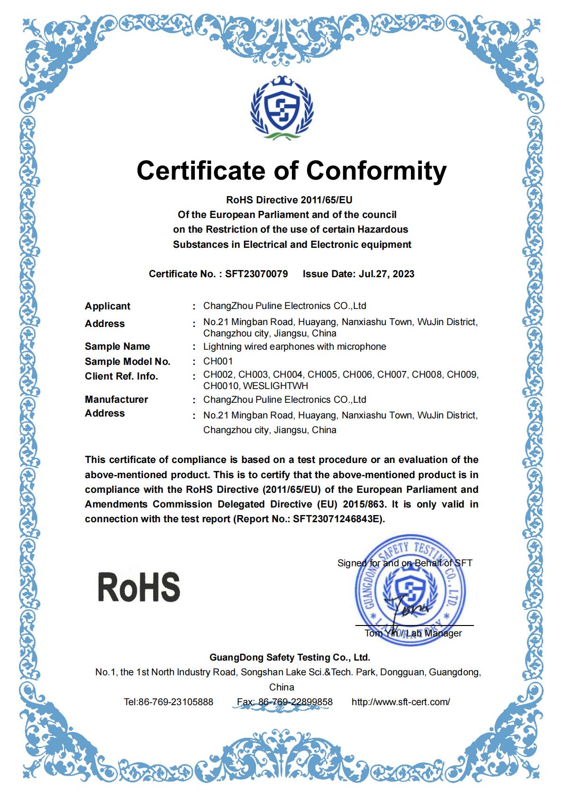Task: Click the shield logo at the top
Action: pos(282,108)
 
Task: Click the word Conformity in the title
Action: pos(374,171)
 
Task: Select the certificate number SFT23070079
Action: pos(256,274)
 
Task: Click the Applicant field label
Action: pos(108,306)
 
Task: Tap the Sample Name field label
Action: pos(118,346)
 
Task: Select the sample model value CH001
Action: pos(218,361)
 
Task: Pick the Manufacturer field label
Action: pos(117,399)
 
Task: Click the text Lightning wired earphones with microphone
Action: pos(295,346)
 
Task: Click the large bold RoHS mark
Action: pos(139,587)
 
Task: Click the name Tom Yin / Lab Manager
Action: pos(413,634)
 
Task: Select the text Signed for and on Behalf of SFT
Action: pos(405,563)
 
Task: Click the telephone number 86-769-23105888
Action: pos(175,702)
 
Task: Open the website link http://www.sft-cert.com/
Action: pos(400,702)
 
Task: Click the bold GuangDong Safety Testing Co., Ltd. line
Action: pos(290,657)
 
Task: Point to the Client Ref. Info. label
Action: pos(121,376)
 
